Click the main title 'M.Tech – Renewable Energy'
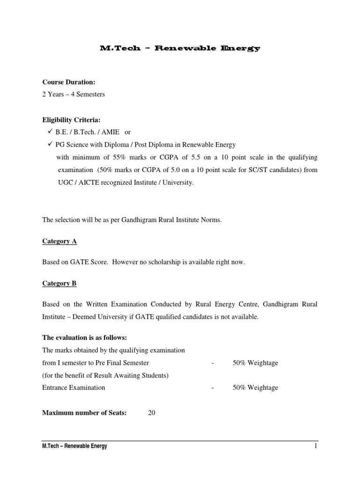pyautogui.click(x=180, y=48)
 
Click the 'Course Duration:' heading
pyautogui.click(x=68, y=82)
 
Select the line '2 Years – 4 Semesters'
pyautogui.click(x=74, y=94)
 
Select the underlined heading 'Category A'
pyautogui.click(x=60, y=241)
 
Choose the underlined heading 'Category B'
pyautogui.click(x=60, y=284)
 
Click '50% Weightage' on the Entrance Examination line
pyautogui.click(x=255, y=388)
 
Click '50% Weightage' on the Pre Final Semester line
pyautogui.click(x=255, y=363)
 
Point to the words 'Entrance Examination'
pyautogui.click(x=74, y=388)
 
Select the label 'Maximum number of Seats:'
pyautogui.click(x=84, y=413)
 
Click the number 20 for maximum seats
pyautogui.click(x=151, y=413)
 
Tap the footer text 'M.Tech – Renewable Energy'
pyautogui.click(x=75, y=446)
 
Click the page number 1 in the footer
pyautogui.click(x=316, y=446)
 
